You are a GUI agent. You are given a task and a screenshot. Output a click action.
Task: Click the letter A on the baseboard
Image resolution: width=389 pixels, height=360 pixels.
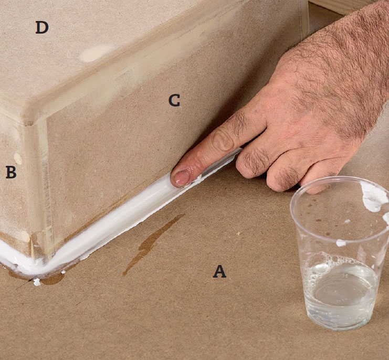219,271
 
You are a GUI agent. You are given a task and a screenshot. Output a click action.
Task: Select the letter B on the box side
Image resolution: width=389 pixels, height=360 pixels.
10,172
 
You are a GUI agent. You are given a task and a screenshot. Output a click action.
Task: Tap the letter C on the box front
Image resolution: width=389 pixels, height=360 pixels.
174,101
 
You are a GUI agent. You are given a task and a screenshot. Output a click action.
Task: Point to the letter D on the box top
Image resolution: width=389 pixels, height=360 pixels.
42,28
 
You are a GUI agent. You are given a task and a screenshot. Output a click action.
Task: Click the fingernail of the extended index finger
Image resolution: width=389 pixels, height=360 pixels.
181,178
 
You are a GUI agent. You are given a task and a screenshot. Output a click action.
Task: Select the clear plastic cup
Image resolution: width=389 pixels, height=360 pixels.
341,252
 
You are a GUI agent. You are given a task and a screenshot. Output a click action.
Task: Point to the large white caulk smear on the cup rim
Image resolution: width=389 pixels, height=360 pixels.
374,197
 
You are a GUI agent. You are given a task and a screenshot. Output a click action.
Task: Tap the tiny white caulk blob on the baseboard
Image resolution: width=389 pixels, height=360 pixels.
37,282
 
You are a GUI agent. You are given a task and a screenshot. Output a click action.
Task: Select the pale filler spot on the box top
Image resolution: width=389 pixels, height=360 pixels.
96,52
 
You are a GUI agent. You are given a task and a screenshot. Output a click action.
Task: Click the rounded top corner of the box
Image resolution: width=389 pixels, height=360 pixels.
29,117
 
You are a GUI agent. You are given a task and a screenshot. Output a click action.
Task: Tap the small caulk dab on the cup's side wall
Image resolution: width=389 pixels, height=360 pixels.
341,242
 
